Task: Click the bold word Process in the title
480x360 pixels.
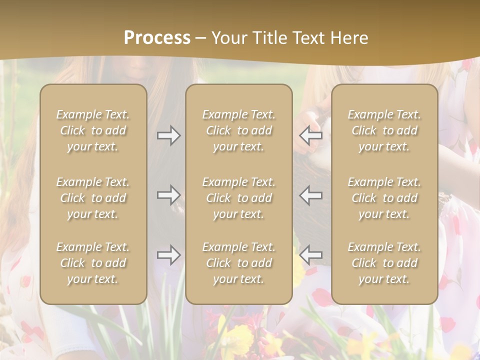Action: pyautogui.click(x=157, y=38)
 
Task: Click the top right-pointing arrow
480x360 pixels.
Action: pyautogui.click(x=168, y=135)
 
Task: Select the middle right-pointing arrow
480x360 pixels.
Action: pyautogui.click(x=168, y=195)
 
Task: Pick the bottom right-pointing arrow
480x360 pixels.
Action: pyautogui.click(x=168, y=255)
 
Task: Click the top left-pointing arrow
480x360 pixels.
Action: pyautogui.click(x=310, y=135)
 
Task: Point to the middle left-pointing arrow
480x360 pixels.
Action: pyautogui.click(x=310, y=195)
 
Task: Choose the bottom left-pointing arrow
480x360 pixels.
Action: pyautogui.click(x=310, y=255)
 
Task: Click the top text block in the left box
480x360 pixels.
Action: pyautogui.click(x=93, y=130)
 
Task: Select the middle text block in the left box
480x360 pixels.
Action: pyautogui.click(x=93, y=198)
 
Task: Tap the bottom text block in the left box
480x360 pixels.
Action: pyautogui.click(x=93, y=263)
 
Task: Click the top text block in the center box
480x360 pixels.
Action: pyautogui.click(x=238, y=130)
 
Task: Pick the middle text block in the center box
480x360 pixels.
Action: pyautogui.click(x=238, y=198)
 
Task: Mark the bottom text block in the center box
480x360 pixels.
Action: pyautogui.click(x=238, y=263)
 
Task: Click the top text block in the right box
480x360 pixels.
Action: pyautogui.click(x=384, y=130)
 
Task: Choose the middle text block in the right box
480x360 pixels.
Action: pyautogui.click(x=384, y=198)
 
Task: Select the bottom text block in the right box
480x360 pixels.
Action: pyautogui.click(x=384, y=263)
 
